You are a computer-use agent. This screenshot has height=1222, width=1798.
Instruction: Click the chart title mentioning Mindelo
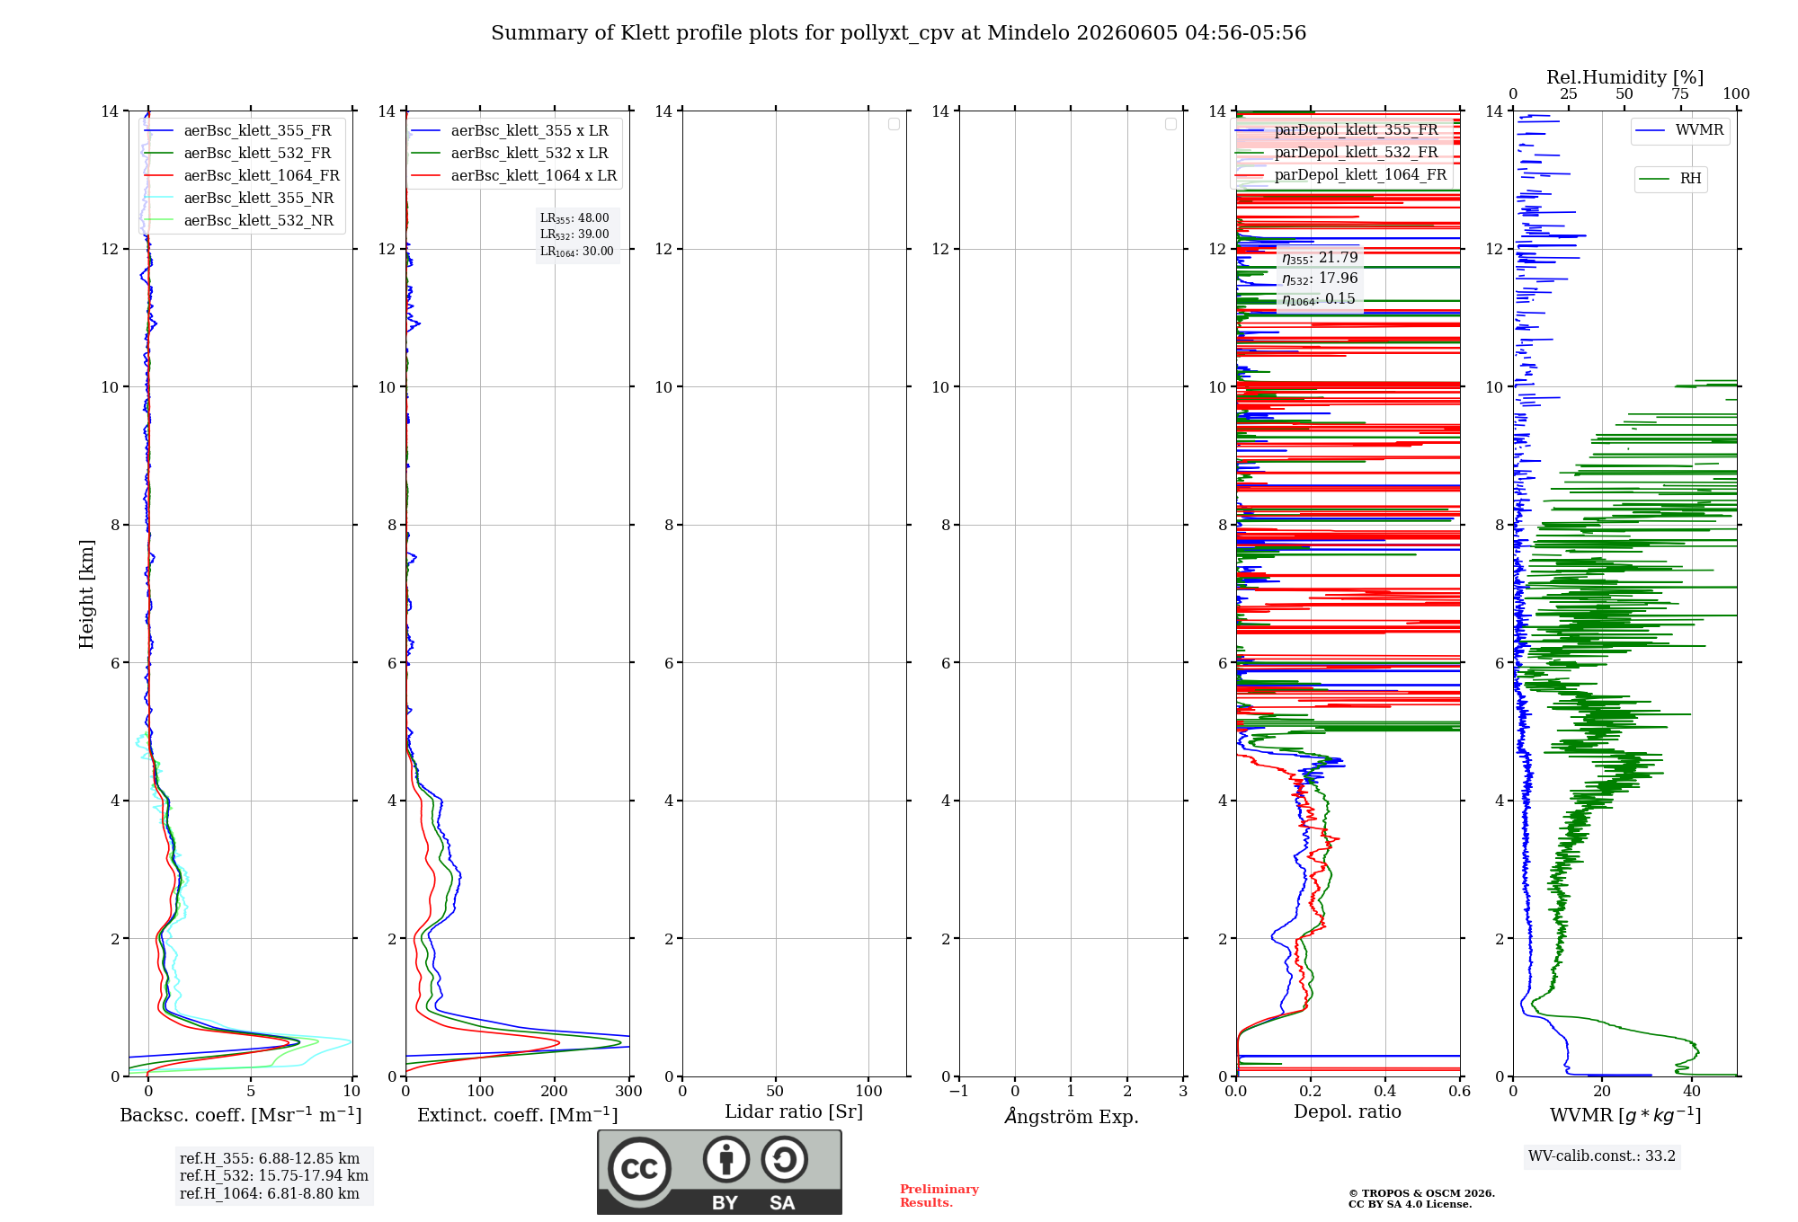pos(898,33)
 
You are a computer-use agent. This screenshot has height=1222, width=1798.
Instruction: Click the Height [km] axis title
pos(86,593)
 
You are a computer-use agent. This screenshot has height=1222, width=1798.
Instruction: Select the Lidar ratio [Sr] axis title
pos(794,1112)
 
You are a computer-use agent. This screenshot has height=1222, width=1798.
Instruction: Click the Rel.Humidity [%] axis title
pos(1624,77)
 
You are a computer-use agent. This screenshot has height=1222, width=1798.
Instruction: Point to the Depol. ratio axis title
pos(1348,1112)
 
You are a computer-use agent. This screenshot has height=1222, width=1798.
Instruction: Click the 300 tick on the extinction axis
pos(628,1091)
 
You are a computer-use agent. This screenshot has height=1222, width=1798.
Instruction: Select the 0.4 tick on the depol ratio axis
pos(1385,1091)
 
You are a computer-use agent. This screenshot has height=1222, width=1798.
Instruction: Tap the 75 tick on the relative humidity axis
pos(1679,94)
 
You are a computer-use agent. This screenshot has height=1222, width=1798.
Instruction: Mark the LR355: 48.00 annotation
pos(574,218)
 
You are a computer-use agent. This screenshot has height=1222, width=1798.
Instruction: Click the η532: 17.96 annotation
pos(1320,279)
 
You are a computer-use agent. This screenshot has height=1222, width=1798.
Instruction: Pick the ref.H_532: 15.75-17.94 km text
pos(274,1175)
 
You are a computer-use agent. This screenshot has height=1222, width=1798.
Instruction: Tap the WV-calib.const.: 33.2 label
pos(1602,1156)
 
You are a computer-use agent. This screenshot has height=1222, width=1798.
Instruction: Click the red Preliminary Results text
pos(939,1196)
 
